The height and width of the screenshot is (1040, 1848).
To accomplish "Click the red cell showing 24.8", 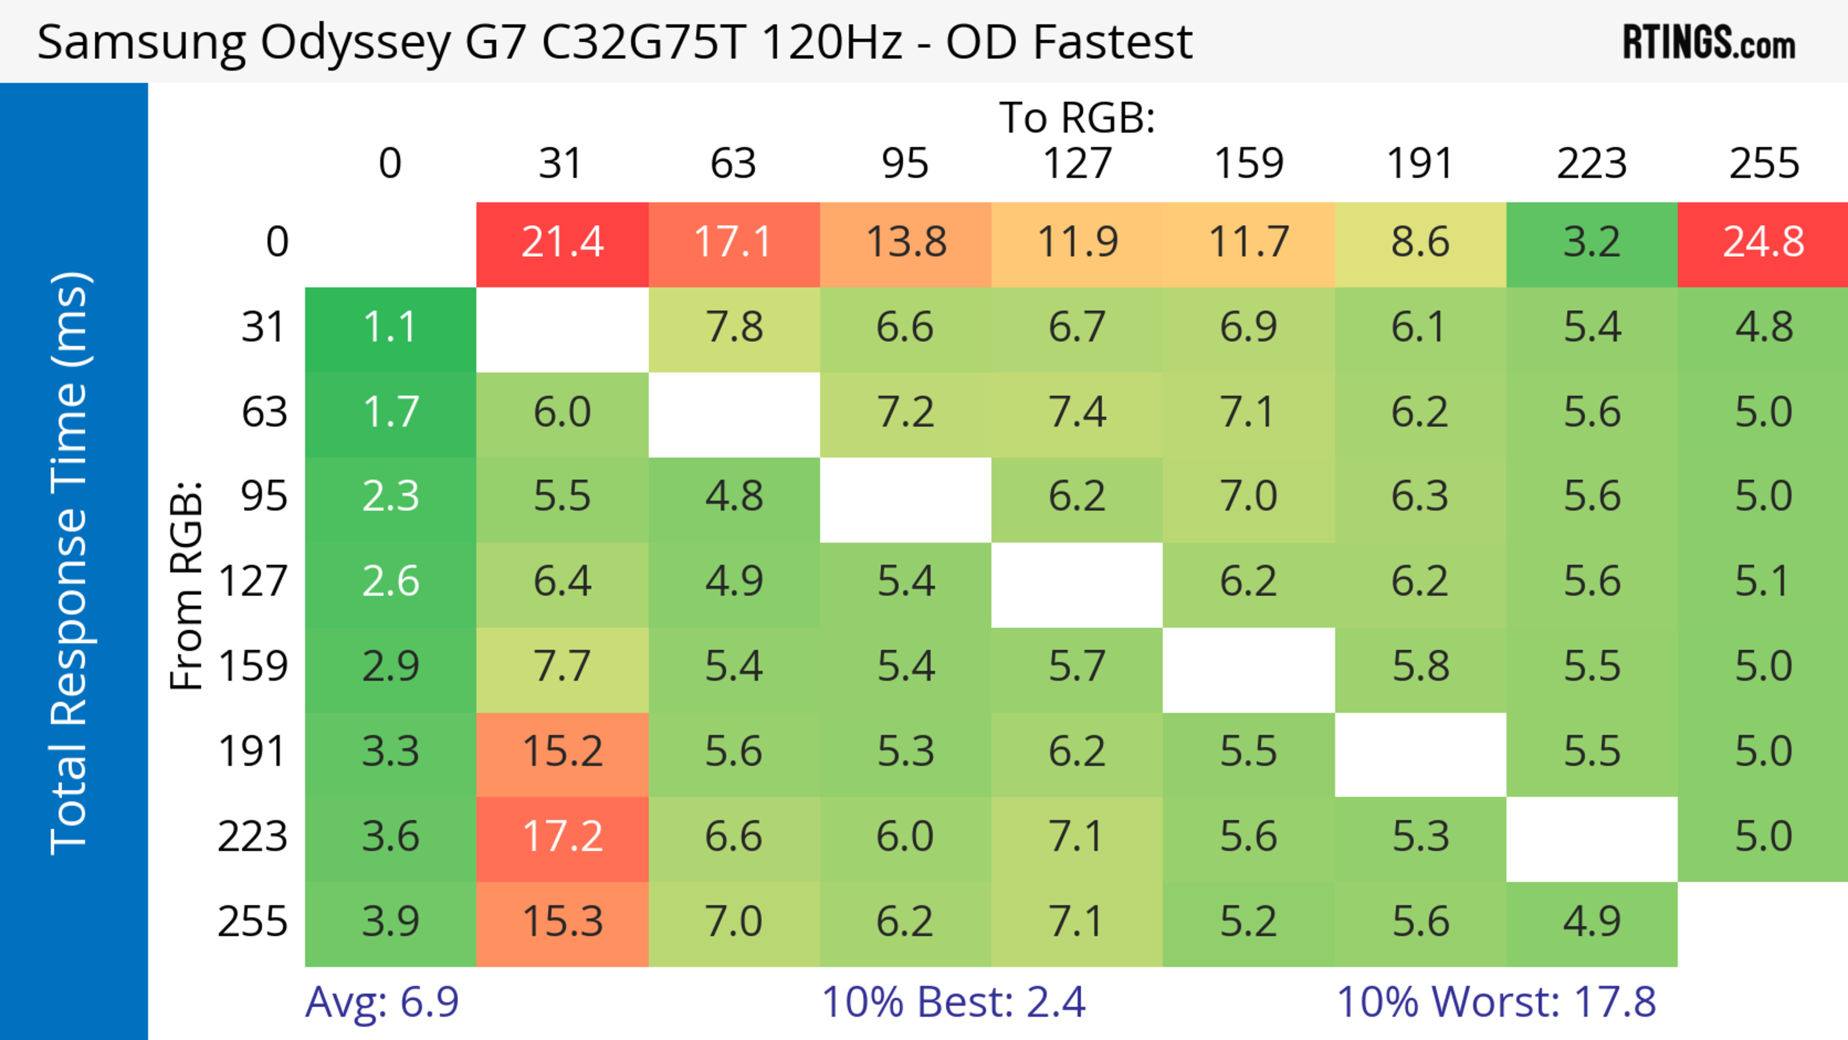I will (1763, 243).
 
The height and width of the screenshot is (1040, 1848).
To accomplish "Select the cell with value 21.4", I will (563, 243).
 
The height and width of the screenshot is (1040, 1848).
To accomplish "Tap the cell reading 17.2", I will (563, 837).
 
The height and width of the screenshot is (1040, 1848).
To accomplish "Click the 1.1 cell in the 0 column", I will (390, 328).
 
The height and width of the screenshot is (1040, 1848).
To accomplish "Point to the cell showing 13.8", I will (905, 243).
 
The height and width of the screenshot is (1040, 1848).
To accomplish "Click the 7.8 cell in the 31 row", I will (734, 328).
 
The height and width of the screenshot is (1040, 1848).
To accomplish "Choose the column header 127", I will (1077, 164).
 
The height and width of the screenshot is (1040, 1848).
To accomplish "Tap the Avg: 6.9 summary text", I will (382, 1002).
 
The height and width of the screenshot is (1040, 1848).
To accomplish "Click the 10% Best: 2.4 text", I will (953, 1002).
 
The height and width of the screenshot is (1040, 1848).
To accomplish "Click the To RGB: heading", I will (1077, 117).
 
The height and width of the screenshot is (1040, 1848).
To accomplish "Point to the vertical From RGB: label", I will (187, 585).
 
